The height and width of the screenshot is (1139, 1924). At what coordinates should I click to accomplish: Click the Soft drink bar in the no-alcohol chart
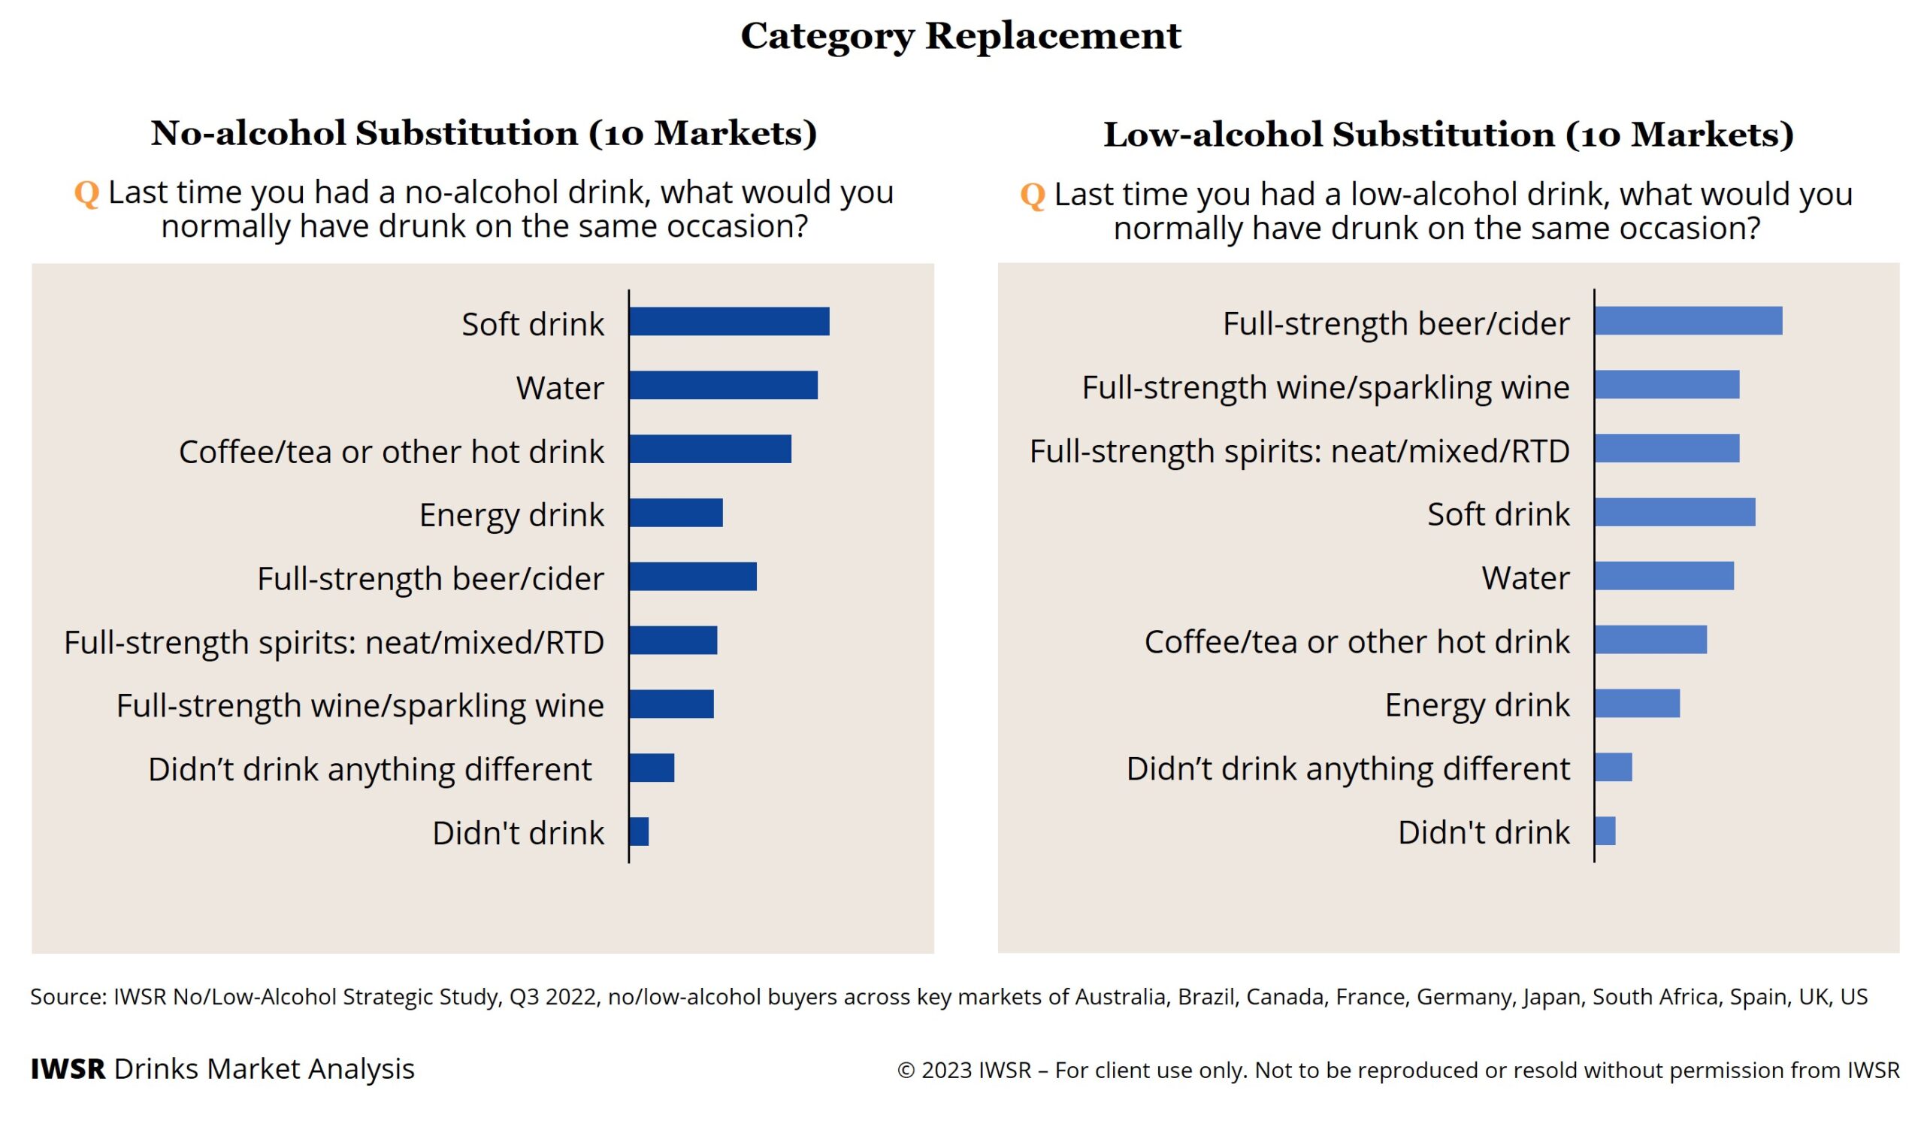(x=729, y=322)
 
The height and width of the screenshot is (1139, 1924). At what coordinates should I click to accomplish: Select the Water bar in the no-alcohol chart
(x=724, y=385)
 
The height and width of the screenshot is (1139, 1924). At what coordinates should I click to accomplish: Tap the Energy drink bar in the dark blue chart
(x=676, y=513)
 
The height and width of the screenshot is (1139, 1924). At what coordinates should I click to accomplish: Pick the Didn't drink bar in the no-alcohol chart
(x=639, y=832)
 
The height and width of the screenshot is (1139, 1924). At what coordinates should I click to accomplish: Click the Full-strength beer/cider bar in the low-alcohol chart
(x=1688, y=321)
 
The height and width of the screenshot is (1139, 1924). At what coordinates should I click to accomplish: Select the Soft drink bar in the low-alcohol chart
(x=1674, y=512)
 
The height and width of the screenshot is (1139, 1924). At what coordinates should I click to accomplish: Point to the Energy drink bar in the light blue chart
(x=1636, y=703)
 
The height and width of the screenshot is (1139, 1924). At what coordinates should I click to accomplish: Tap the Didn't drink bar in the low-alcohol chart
(x=1605, y=831)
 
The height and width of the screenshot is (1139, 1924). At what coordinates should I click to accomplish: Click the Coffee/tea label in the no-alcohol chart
(x=392, y=451)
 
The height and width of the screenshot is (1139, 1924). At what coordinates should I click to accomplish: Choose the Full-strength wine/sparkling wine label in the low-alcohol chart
(x=1325, y=387)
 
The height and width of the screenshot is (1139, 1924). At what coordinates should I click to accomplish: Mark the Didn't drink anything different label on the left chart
(x=370, y=769)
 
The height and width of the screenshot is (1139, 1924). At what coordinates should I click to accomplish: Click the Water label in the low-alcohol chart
(x=1525, y=577)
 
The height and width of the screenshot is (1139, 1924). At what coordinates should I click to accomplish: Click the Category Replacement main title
(x=960, y=35)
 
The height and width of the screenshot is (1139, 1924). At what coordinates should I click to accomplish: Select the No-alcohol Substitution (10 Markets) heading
(x=483, y=133)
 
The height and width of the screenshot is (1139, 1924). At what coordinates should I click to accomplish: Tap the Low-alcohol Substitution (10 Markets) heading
(x=1448, y=135)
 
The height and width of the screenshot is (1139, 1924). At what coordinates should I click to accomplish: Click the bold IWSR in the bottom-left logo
(x=68, y=1068)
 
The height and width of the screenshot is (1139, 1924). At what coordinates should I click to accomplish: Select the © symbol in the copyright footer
(x=906, y=1070)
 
